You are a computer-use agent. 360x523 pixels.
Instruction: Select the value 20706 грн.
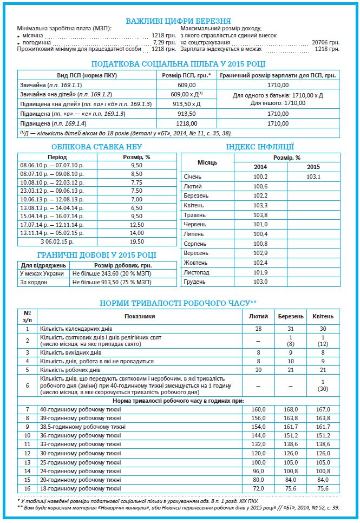326,42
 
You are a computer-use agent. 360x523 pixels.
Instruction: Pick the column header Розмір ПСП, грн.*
187,75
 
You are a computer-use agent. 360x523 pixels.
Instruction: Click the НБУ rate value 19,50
136,241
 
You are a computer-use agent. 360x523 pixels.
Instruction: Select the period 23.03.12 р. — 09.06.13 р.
51,191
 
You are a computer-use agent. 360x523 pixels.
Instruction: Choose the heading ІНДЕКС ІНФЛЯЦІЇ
260,146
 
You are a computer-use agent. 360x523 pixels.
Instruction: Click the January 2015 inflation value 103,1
313,176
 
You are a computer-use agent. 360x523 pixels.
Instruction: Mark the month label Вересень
196,253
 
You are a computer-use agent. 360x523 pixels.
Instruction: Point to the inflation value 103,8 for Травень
260,215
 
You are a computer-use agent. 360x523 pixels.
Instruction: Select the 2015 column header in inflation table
313,167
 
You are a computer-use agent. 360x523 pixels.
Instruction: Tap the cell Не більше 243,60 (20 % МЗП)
110,273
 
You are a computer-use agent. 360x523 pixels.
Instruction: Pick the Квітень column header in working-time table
323,316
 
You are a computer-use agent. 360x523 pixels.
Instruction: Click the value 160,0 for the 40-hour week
258,409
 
